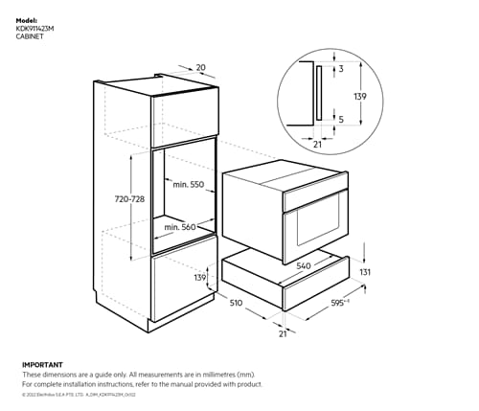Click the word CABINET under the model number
31,36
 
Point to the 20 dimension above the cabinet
200,67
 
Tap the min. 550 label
185,182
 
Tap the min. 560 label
180,227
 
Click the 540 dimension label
305,265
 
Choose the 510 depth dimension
236,304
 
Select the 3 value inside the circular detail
340,69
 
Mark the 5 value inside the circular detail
340,119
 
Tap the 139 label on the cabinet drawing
199,277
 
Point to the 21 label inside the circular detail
316,145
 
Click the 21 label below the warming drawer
282,334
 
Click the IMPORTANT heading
42,364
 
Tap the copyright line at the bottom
86,395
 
